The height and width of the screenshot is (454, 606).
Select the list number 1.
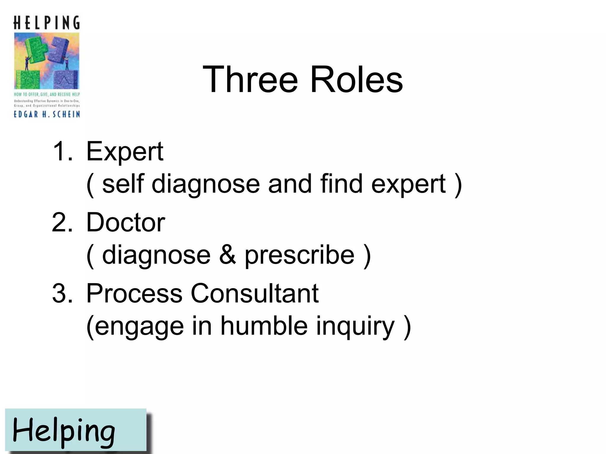[62, 151]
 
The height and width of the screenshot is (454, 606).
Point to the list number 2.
[62, 223]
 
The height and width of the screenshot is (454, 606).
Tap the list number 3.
[62, 294]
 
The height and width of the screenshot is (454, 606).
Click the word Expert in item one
[125, 152]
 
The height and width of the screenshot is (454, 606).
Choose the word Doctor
[125, 223]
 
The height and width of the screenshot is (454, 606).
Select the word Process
[134, 294]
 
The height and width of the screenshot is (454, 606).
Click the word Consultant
[254, 294]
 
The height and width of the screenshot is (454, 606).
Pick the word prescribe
[299, 256]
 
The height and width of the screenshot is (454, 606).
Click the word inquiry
[355, 327]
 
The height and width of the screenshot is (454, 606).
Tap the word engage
[139, 327]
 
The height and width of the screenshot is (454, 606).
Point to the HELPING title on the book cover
[47, 23]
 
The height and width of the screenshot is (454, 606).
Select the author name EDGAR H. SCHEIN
[47, 114]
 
